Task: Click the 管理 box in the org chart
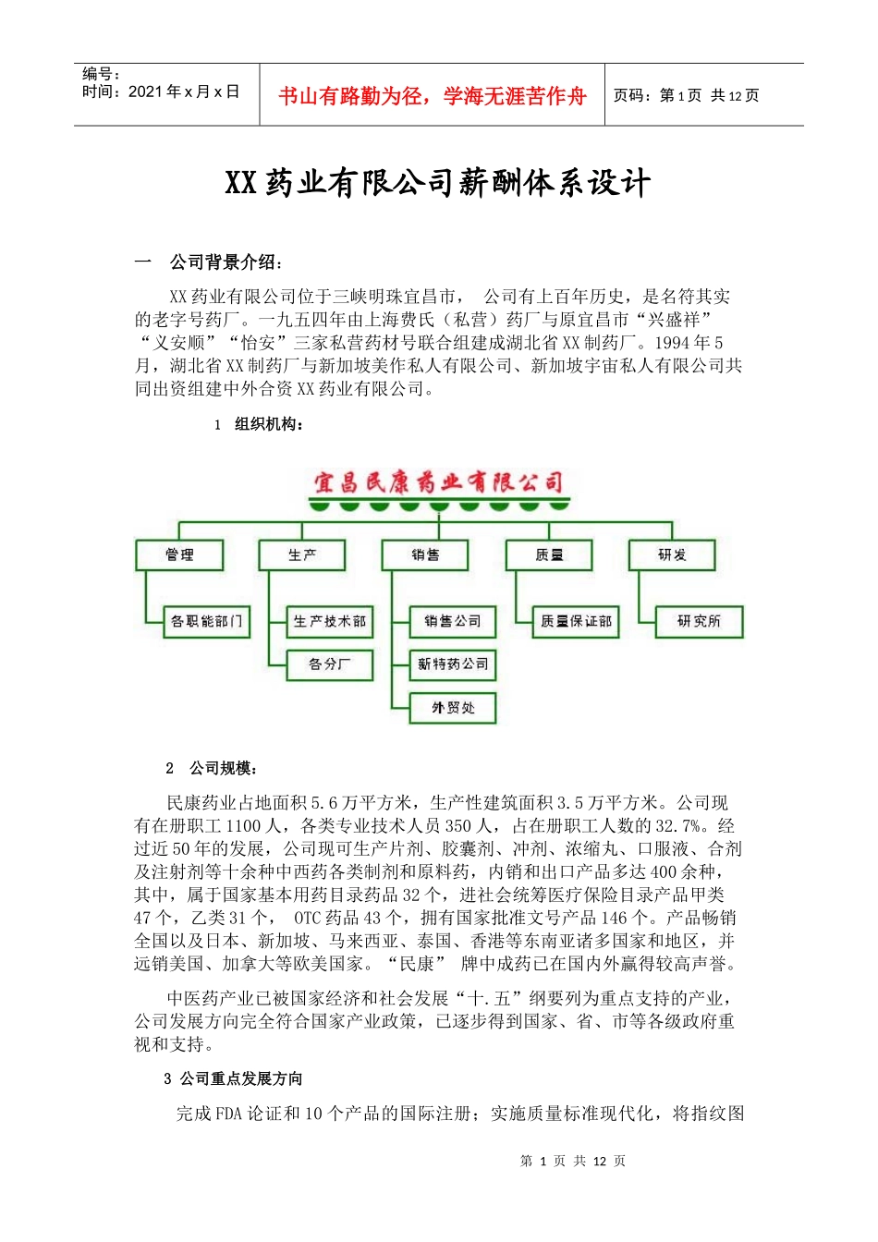pos(180,554)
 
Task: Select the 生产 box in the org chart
pos(302,554)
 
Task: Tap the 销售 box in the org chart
pos(425,554)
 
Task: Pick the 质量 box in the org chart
pos(549,554)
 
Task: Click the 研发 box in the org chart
pos(672,554)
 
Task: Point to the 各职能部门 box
pos(207,621)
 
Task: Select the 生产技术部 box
pos(330,621)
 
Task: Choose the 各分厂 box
pos(330,664)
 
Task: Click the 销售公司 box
pos(453,621)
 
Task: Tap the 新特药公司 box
pos(453,664)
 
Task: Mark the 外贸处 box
pos(453,708)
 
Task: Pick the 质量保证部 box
pos(576,621)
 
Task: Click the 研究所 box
pos(699,621)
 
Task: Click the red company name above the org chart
pos(438,481)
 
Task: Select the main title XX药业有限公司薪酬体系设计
pos(438,183)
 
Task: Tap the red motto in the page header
pos(432,96)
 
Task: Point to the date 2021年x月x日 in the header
pos(184,91)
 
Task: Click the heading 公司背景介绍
pos(226,262)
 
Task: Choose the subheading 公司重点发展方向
pos(241,1078)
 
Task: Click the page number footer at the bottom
pos(573,1161)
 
